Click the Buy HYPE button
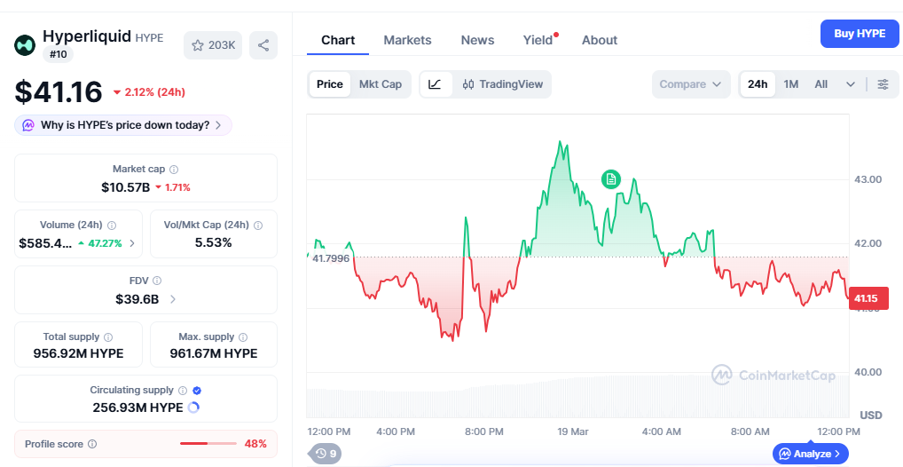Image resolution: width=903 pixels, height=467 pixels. [859, 34]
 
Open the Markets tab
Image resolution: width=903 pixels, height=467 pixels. [407, 40]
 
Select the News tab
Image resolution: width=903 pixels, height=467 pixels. [477, 40]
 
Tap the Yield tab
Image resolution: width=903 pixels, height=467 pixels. [538, 40]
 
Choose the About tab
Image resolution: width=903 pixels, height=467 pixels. [600, 40]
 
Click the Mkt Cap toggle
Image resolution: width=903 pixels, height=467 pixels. [380, 84]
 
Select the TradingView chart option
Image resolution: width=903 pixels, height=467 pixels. [502, 84]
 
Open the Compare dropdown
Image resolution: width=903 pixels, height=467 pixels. [689, 84]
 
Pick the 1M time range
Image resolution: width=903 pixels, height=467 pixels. [790, 84]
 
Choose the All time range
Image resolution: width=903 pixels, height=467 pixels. [821, 84]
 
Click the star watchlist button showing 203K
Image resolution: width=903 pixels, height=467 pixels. [213, 45]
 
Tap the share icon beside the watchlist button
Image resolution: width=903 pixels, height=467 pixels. [263, 45]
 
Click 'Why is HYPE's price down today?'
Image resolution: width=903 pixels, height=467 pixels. [123, 125]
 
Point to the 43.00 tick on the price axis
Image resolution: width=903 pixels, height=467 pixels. [868, 179]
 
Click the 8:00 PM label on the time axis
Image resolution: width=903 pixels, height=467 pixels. [484, 431]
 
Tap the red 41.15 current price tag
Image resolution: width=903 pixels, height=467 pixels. [866, 299]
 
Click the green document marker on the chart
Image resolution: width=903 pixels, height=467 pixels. [610, 179]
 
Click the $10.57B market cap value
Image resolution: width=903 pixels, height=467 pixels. [125, 187]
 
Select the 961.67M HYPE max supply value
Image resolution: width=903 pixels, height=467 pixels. [213, 353]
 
